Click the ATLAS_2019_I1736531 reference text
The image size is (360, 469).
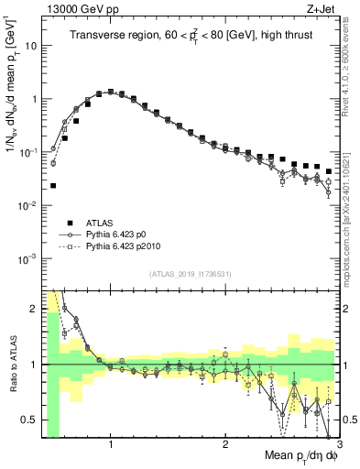pos(190,274)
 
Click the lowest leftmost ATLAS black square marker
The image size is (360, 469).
pos(53,186)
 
